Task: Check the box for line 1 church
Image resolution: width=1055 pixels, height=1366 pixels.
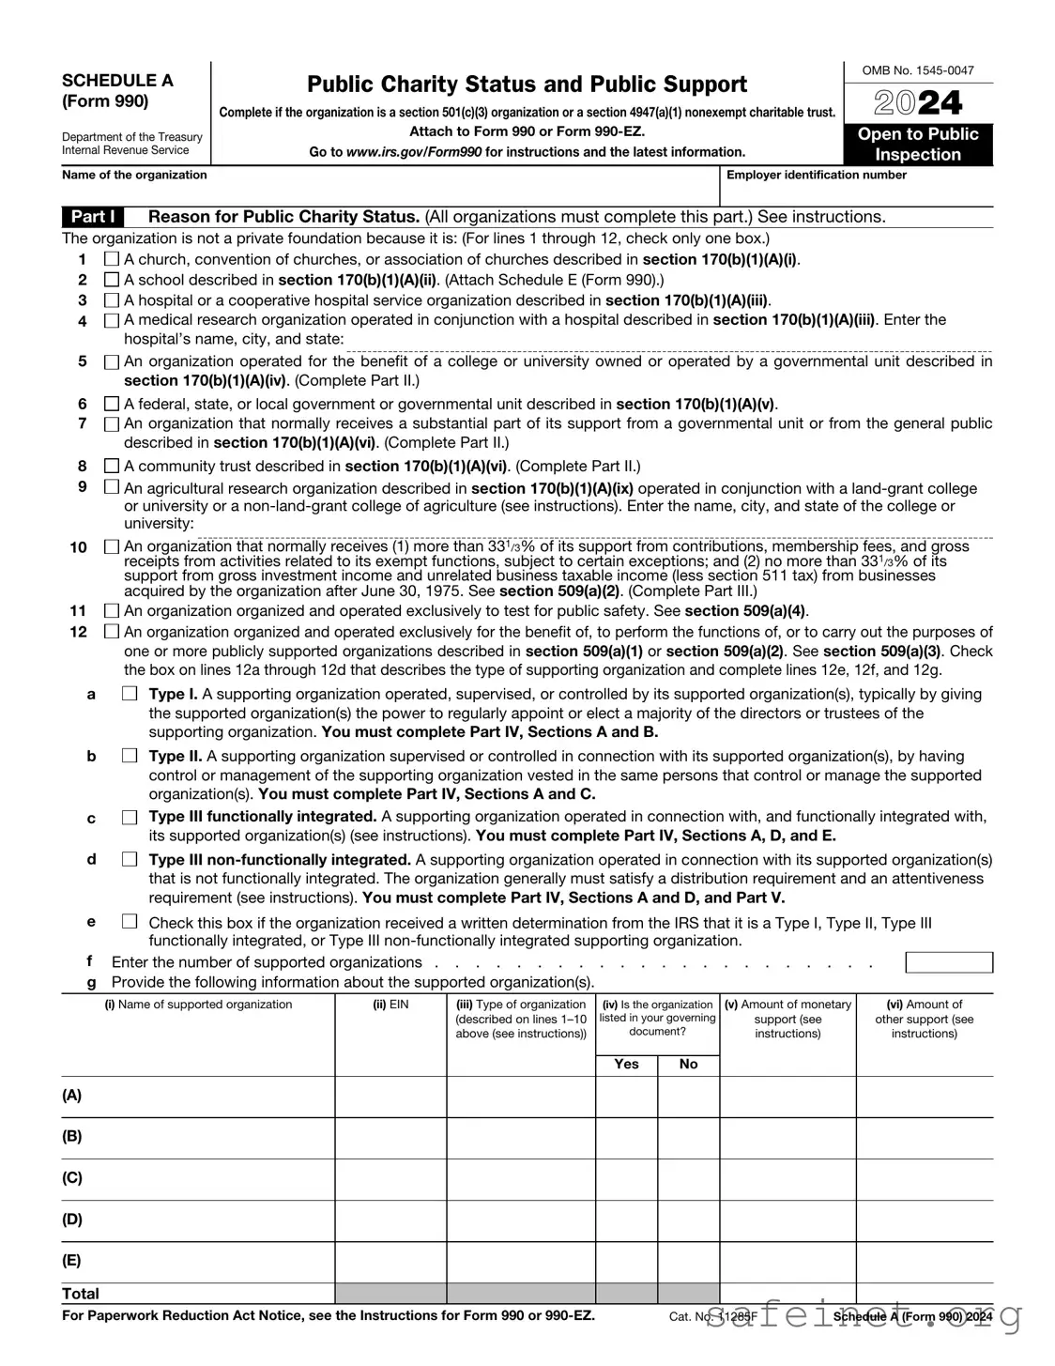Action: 112,259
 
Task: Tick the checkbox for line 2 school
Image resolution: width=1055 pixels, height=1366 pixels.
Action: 112,280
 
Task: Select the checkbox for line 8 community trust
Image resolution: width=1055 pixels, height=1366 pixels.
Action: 112,466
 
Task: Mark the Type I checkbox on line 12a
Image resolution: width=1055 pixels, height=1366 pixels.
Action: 130,694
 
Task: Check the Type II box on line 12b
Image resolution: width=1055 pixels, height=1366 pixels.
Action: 130,756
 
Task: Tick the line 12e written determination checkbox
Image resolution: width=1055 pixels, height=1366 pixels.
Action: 130,922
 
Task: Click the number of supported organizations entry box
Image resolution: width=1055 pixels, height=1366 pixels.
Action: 948,962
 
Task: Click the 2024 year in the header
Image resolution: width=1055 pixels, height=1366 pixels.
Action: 918,102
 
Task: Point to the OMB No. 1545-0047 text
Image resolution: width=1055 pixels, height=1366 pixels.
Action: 918,70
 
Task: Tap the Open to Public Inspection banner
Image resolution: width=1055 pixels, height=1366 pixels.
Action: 918,145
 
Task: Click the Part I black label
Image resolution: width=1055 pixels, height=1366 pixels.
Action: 93,217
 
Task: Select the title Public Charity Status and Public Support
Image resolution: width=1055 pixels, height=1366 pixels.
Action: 527,84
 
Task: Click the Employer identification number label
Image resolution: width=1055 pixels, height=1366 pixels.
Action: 817,175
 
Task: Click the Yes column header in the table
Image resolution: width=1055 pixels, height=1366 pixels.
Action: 626,1064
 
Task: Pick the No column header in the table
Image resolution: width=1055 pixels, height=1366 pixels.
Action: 688,1064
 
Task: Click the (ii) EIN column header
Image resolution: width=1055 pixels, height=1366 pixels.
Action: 390,1005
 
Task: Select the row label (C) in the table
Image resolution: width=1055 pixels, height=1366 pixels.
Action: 72,1177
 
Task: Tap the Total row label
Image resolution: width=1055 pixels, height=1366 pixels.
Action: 81,1293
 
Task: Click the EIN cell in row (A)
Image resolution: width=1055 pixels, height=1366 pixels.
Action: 390,1097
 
